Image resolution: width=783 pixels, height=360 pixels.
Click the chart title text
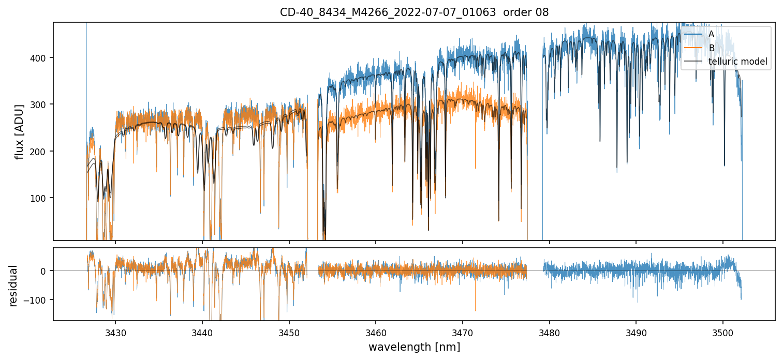tap(414, 12)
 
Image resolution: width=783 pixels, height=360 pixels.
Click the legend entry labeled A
tap(711, 34)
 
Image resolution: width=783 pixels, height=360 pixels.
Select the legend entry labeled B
tap(711, 48)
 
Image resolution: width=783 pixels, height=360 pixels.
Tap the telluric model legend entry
tap(737, 62)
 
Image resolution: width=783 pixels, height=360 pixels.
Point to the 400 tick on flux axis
tap(42, 58)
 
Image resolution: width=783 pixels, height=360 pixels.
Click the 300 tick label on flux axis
tap(42, 104)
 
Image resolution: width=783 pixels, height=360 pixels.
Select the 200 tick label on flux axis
tap(42, 152)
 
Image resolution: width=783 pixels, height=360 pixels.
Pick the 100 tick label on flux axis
tap(42, 198)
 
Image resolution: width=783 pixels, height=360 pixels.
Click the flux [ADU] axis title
tap(19, 131)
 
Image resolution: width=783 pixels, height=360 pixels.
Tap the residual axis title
tap(13, 286)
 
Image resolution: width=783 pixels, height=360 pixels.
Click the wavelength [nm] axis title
tap(414, 347)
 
